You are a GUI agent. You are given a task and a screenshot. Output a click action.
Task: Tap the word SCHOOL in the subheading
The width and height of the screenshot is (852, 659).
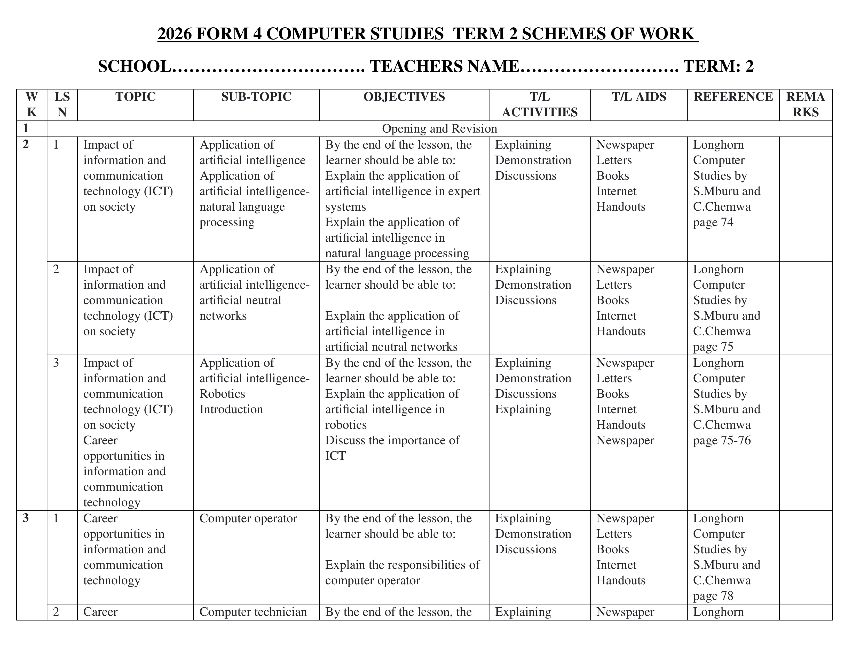coord(134,66)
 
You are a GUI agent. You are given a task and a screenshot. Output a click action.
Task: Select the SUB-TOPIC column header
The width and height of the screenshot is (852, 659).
coord(256,97)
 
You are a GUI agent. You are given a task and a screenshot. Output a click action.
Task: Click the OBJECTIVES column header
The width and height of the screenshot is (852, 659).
coord(404,97)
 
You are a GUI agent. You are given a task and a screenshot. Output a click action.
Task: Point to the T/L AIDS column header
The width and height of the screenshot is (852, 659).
coord(638,97)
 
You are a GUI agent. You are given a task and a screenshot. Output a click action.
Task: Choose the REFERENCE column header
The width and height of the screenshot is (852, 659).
coord(733,97)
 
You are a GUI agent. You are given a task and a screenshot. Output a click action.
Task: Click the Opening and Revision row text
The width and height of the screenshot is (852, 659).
coord(439,129)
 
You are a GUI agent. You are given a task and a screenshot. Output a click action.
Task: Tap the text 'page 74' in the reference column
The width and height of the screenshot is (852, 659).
coord(713,222)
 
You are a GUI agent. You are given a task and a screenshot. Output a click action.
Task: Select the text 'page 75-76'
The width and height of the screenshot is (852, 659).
coord(722,440)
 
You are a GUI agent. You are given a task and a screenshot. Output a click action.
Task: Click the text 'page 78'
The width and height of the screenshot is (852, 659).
coord(713,596)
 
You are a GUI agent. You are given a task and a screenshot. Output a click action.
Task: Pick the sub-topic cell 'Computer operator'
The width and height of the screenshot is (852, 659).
coord(248,518)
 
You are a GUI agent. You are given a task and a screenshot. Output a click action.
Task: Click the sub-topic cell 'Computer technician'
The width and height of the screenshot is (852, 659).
coord(253,612)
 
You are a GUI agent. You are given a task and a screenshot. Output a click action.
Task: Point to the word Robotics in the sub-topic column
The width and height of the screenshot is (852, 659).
coord(222,394)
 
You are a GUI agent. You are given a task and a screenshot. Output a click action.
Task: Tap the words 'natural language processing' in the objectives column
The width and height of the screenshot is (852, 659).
coord(397,253)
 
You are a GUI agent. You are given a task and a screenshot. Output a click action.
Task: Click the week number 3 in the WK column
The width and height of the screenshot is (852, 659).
coord(26,518)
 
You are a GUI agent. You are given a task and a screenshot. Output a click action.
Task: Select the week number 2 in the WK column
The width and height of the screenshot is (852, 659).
coord(26,145)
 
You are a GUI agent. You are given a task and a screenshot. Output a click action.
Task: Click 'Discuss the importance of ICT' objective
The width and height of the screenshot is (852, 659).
coord(392,448)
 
